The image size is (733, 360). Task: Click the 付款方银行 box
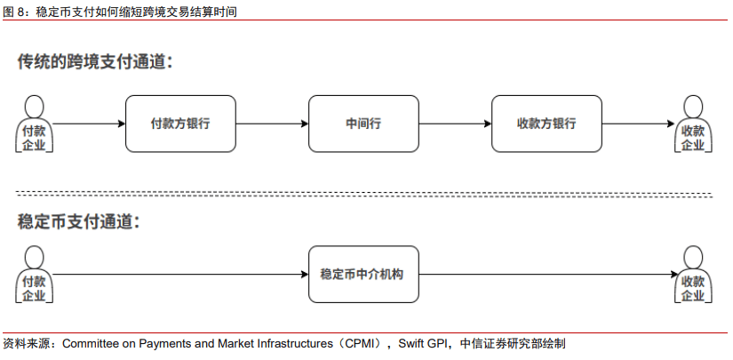pyautogui.click(x=180, y=124)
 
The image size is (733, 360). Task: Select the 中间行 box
pyautogui.click(x=363, y=124)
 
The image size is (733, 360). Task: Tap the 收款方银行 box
pyautogui.click(x=546, y=124)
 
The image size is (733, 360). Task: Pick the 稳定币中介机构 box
pyautogui.click(x=363, y=275)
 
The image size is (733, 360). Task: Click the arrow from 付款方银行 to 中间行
pyautogui.click(x=272, y=124)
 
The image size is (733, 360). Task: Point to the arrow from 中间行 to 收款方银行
pyautogui.click(x=455, y=124)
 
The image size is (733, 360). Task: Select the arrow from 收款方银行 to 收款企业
pyautogui.click(x=639, y=124)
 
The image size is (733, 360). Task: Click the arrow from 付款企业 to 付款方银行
pyautogui.click(x=89, y=124)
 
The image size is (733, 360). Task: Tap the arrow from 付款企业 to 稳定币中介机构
pyautogui.click(x=180, y=275)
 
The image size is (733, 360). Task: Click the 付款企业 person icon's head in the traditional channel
pyautogui.click(x=34, y=107)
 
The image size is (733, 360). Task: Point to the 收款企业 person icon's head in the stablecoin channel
pyautogui.click(x=693, y=257)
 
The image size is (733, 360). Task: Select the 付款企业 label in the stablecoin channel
pyautogui.click(x=34, y=289)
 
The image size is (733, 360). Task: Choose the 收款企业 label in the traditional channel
pyautogui.click(x=693, y=138)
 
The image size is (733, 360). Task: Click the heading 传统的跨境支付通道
pyautogui.click(x=95, y=61)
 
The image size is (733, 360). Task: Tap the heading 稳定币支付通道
pyautogui.click(x=78, y=221)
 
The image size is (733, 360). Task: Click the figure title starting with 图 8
pyautogui.click(x=120, y=12)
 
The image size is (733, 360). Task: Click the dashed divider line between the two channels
pyautogui.click(x=363, y=195)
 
